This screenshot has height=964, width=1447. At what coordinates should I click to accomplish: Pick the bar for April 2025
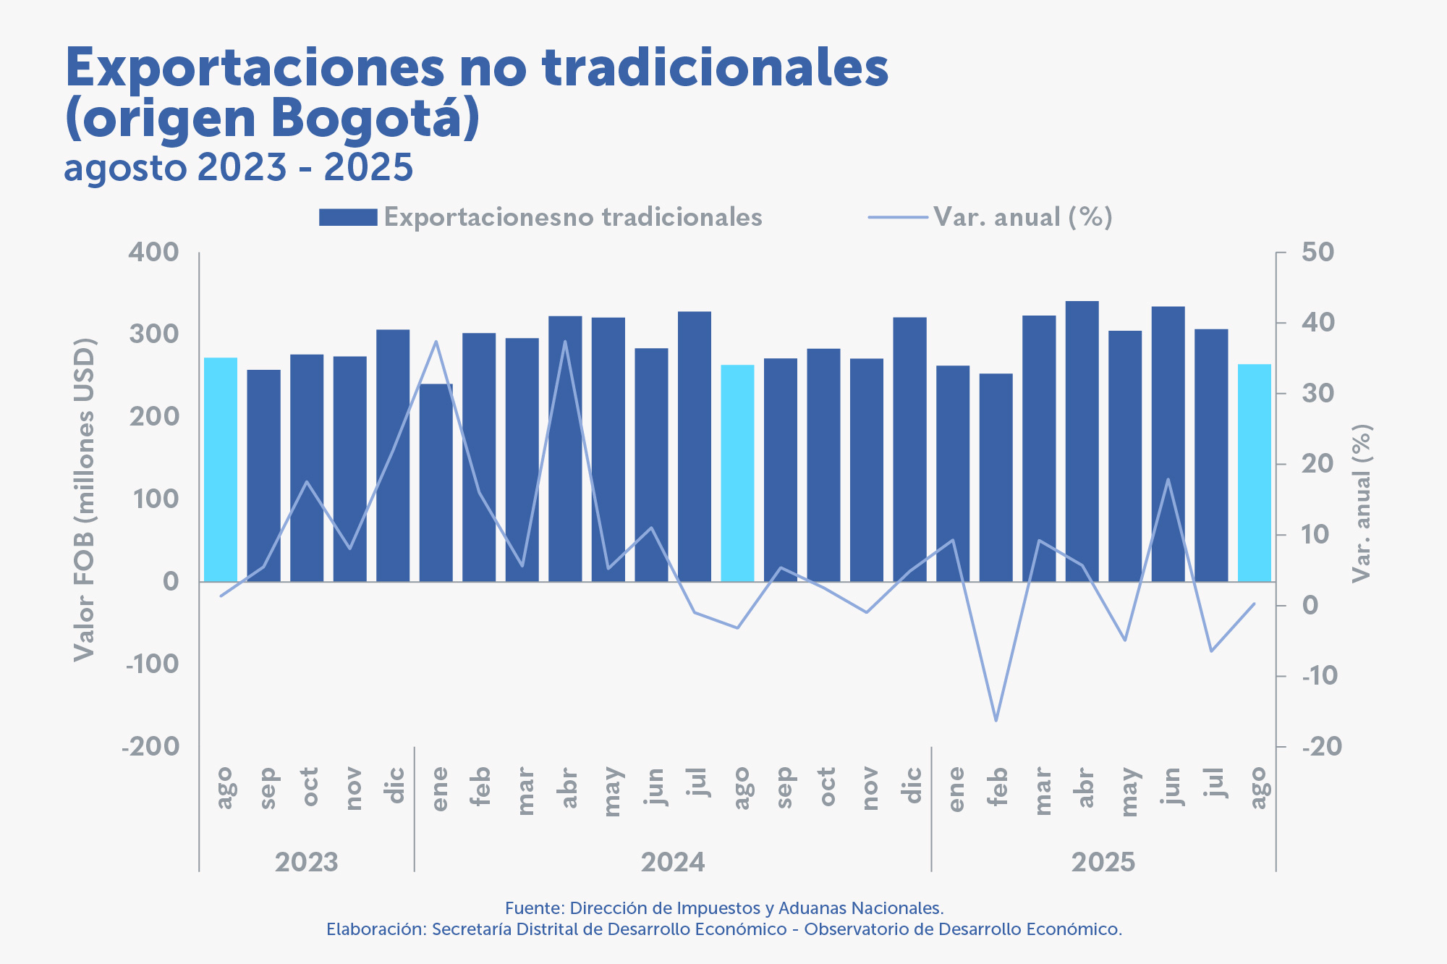point(1082,441)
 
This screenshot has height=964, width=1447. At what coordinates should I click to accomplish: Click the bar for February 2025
point(996,477)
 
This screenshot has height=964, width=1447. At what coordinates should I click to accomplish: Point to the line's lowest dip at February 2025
point(996,720)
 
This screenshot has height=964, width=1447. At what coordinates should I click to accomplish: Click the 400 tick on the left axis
point(153,253)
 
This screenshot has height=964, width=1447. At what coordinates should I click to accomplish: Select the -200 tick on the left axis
point(150,746)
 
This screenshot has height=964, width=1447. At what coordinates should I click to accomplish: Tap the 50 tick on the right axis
point(1317,253)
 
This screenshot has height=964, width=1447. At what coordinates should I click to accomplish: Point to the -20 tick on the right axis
point(1321,746)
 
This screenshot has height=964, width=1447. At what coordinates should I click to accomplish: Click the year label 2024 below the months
point(673,862)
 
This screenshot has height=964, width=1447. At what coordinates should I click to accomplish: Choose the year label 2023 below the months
point(307,862)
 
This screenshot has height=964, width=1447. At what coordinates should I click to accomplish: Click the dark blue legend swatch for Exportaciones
point(348,217)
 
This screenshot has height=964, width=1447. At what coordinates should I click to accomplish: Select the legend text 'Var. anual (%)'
point(1022,217)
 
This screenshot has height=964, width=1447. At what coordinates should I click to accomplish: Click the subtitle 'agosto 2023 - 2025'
point(239,168)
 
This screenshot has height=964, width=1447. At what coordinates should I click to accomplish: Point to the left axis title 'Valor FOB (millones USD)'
point(85,499)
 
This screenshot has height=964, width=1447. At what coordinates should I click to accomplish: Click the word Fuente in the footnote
point(534,908)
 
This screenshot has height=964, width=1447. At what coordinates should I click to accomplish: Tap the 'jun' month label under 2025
point(1169,787)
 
